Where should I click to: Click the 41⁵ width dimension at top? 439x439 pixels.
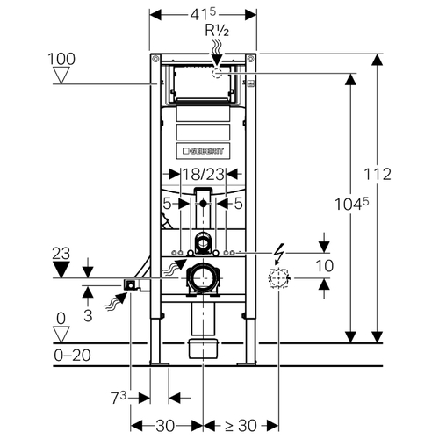(203, 14)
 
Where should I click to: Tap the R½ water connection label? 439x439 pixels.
(217, 30)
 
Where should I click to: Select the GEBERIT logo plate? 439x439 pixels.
(203, 151)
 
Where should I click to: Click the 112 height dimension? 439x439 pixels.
(378, 175)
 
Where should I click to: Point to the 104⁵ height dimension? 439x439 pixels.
(351, 204)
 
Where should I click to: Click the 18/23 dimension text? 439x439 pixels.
(204, 175)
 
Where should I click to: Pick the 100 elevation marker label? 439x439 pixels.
(61, 59)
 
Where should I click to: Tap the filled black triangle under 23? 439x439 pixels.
(61, 270)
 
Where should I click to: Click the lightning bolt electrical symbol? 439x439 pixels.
(279, 253)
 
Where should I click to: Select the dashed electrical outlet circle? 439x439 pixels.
(278, 278)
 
